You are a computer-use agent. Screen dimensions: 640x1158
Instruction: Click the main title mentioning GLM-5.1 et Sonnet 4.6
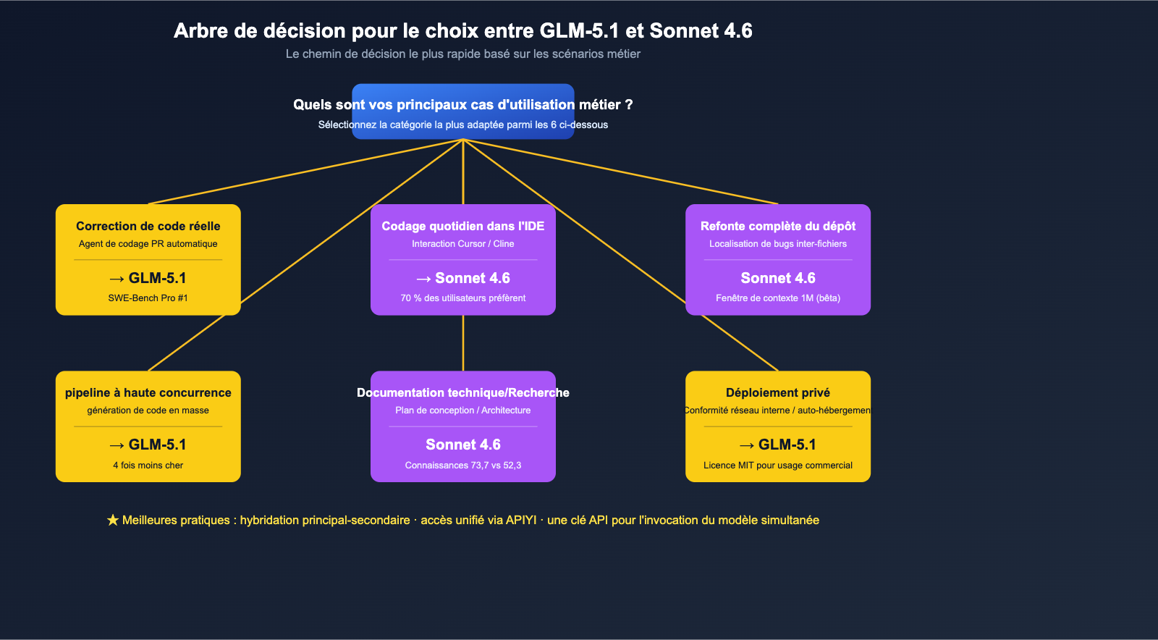[x=463, y=31]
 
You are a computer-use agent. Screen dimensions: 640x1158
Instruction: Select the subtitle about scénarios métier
[x=463, y=54]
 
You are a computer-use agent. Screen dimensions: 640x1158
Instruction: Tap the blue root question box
[x=463, y=111]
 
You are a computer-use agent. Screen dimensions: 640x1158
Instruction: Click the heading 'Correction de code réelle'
[x=148, y=227]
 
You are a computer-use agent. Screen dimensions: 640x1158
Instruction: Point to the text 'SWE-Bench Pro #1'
[x=148, y=298]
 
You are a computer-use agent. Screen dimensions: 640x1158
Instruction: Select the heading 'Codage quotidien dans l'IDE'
[x=463, y=227]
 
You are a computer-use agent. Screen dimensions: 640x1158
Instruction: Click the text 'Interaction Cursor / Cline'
[x=463, y=244]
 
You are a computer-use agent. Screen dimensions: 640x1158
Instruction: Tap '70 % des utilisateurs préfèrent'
[x=463, y=298]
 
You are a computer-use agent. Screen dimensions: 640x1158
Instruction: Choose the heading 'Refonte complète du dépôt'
[x=778, y=227]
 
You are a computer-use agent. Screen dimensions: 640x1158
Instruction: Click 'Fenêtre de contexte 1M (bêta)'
[x=778, y=298]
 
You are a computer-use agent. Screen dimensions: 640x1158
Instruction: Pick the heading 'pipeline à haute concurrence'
[x=148, y=393]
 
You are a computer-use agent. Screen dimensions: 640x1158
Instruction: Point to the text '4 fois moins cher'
[x=148, y=466]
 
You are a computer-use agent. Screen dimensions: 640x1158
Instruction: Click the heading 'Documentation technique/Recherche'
[x=463, y=393]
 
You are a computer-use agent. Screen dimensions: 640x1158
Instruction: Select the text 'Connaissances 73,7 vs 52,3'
[x=463, y=466]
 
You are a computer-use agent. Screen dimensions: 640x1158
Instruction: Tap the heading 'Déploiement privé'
[x=778, y=393]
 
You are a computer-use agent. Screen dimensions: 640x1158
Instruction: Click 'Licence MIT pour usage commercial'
[x=778, y=466]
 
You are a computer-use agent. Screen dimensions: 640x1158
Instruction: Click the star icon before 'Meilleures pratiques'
[x=113, y=521]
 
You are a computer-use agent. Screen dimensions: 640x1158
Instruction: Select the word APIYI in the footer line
[x=521, y=521]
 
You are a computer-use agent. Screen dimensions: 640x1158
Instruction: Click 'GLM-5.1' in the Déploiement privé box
[x=787, y=445]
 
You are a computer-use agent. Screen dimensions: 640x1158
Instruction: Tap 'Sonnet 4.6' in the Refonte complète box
[x=778, y=279]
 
